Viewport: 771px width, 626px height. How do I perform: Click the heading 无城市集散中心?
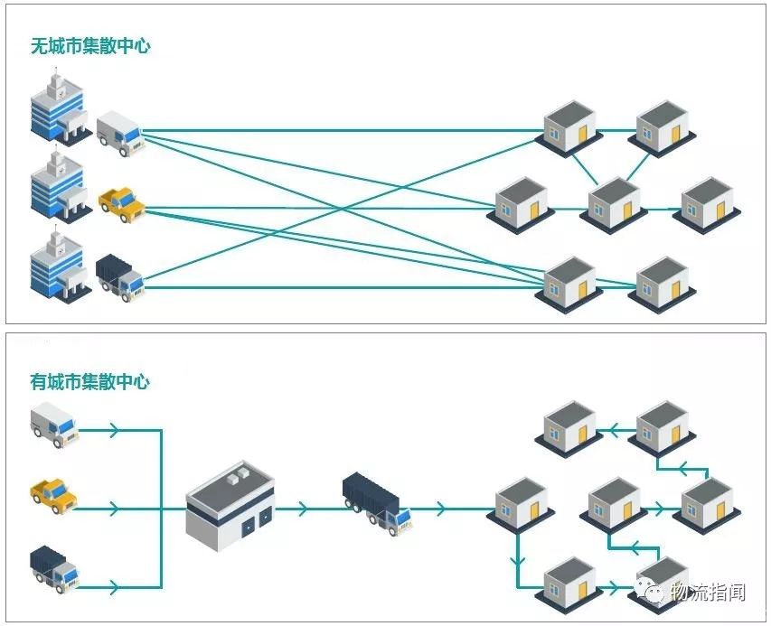point(90,46)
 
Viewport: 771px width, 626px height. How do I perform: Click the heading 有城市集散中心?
point(89,381)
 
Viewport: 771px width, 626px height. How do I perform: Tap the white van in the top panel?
point(119,133)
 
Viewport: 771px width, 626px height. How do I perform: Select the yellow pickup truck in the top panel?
point(121,203)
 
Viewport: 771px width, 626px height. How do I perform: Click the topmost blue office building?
point(58,109)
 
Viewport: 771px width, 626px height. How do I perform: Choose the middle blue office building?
point(58,188)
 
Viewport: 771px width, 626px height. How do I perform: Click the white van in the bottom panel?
point(54,425)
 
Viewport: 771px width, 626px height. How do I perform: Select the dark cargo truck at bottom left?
point(54,566)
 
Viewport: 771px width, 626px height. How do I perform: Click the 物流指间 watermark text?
point(708,592)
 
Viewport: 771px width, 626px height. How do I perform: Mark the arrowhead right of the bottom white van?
point(113,431)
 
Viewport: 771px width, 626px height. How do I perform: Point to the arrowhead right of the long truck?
point(439,509)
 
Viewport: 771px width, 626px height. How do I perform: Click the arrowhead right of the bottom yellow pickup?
point(113,509)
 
